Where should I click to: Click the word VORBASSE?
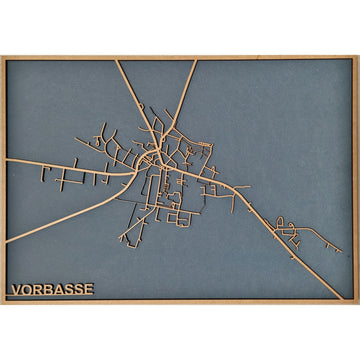point(52,289)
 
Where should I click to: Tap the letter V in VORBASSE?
point(16,289)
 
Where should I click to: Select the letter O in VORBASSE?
point(27,289)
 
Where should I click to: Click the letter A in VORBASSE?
point(58,289)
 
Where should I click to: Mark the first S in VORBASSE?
point(68,289)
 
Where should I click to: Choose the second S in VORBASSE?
point(78,289)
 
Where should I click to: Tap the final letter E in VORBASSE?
point(88,289)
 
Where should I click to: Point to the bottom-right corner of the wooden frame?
point(357,301)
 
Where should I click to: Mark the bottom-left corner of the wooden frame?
point(3,301)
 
